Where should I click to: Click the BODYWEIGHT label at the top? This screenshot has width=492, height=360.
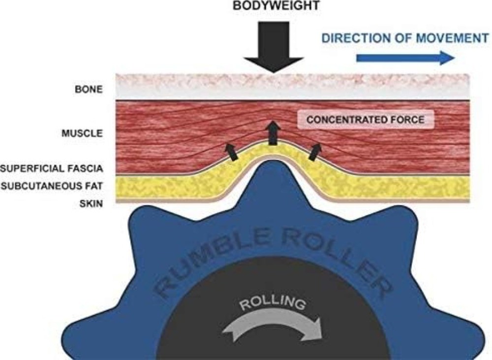click(x=276, y=5)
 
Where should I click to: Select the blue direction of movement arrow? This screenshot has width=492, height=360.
click(x=405, y=58)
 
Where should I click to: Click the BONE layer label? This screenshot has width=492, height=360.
click(x=89, y=90)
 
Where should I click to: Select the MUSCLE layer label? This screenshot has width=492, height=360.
click(x=82, y=133)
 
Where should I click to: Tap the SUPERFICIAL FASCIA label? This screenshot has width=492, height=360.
click(x=52, y=169)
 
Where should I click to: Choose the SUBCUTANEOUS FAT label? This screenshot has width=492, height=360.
click(x=52, y=186)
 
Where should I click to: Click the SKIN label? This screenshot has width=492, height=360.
click(x=91, y=204)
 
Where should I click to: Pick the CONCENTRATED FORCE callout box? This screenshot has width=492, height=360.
click(x=366, y=119)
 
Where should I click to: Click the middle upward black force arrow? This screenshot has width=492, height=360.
click(x=273, y=133)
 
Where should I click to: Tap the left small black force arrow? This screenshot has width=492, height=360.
click(x=231, y=152)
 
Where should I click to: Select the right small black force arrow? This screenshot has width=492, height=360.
click(x=315, y=152)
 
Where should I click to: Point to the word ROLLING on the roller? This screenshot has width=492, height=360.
click(x=272, y=302)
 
